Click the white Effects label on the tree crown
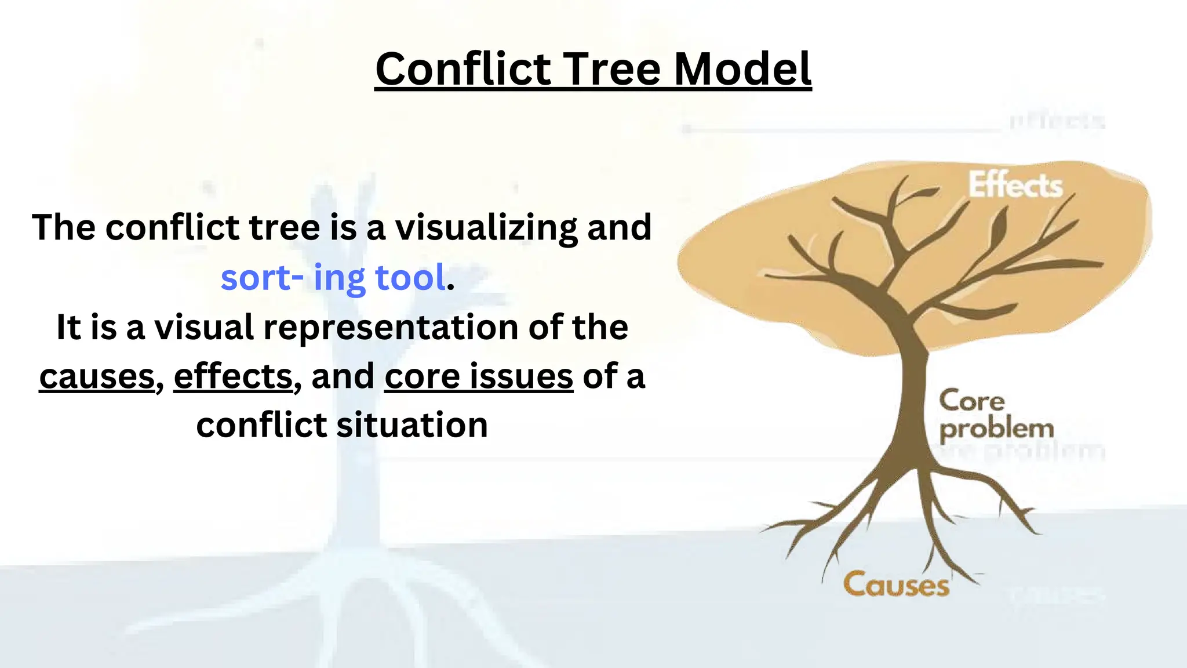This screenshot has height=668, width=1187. click(1015, 186)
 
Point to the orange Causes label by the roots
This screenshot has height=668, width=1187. click(896, 584)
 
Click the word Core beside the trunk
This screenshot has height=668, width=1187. click(972, 401)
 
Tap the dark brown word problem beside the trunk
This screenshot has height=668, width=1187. click(996, 430)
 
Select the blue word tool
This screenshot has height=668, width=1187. click(411, 277)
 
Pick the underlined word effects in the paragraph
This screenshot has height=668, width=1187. click(233, 376)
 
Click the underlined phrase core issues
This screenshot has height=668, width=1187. click(479, 376)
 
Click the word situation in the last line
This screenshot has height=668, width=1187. click(412, 425)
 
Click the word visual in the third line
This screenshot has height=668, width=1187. click(204, 327)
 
